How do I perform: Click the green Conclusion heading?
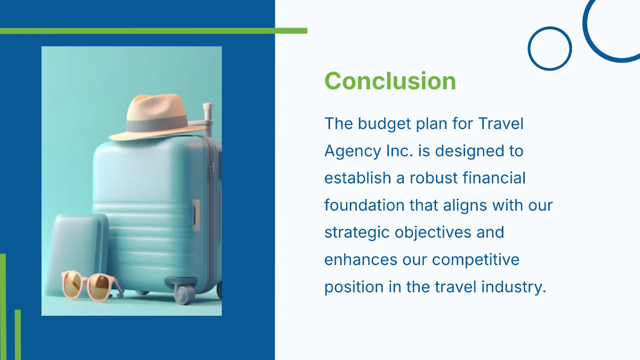(x=390, y=81)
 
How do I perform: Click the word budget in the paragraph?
(x=384, y=124)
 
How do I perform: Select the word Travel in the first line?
(x=501, y=124)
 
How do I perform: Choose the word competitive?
(x=475, y=260)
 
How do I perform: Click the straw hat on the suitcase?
(x=157, y=117)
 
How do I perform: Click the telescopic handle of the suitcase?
(x=207, y=115)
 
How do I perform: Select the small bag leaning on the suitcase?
(x=80, y=245)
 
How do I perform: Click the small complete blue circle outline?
(x=549, y=49)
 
